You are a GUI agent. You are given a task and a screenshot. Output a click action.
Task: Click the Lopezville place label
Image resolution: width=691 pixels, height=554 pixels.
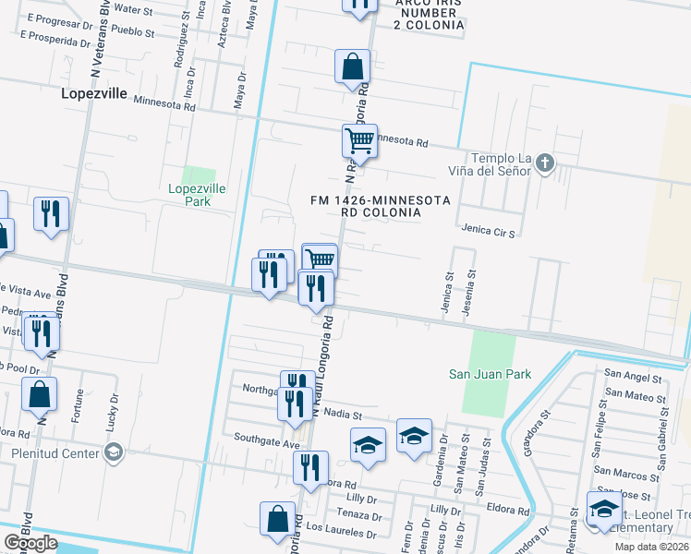tap(94, 92)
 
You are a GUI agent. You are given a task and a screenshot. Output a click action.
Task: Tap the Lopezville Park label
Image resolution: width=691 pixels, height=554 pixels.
tap(198, 195)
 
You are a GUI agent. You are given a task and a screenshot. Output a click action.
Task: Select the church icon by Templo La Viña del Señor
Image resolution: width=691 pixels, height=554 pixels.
tap(545, 164)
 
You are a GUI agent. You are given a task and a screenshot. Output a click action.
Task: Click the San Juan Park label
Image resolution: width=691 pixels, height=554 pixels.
tap(490, 374)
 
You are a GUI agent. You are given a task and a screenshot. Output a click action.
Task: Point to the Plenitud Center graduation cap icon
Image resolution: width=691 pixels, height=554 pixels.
tap(114, 452)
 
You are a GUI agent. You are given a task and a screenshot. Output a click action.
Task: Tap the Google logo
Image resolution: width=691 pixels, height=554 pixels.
tap(30, 543)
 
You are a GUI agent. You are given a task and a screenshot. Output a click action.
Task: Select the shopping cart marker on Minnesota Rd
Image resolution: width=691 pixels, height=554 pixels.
tap(359, 141)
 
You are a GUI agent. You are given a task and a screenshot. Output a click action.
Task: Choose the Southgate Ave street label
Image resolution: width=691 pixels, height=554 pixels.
tap(267, 438)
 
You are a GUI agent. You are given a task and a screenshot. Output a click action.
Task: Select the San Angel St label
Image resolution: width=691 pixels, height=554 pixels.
tap(633, 378)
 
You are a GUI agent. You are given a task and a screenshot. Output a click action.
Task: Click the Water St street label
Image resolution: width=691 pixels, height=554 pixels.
tap(133, 9)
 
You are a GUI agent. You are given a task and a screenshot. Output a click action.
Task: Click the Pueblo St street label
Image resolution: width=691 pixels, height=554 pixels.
tap(133, 30)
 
